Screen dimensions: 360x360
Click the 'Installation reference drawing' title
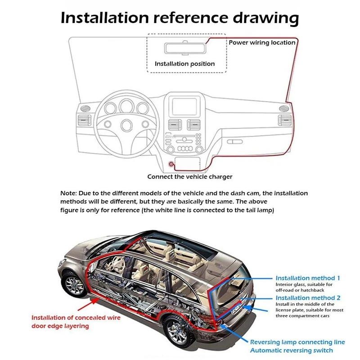click(x=180, y=18)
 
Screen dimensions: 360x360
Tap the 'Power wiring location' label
click(x=262, y=43)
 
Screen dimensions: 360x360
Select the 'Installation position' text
click(x=184, y=64)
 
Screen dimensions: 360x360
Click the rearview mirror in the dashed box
click(x=185, y=48)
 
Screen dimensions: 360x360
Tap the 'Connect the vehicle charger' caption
click(x=190, y=177)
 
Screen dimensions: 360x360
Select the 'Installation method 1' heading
click(x=308, y=278)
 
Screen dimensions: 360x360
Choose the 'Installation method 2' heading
click(x=308, y=298)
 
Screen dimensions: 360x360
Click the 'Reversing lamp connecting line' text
click(x=297, y=342)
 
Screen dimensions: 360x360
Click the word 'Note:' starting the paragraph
click(x=69, y=193)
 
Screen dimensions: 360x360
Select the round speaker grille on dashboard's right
click(x=283, y=108)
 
